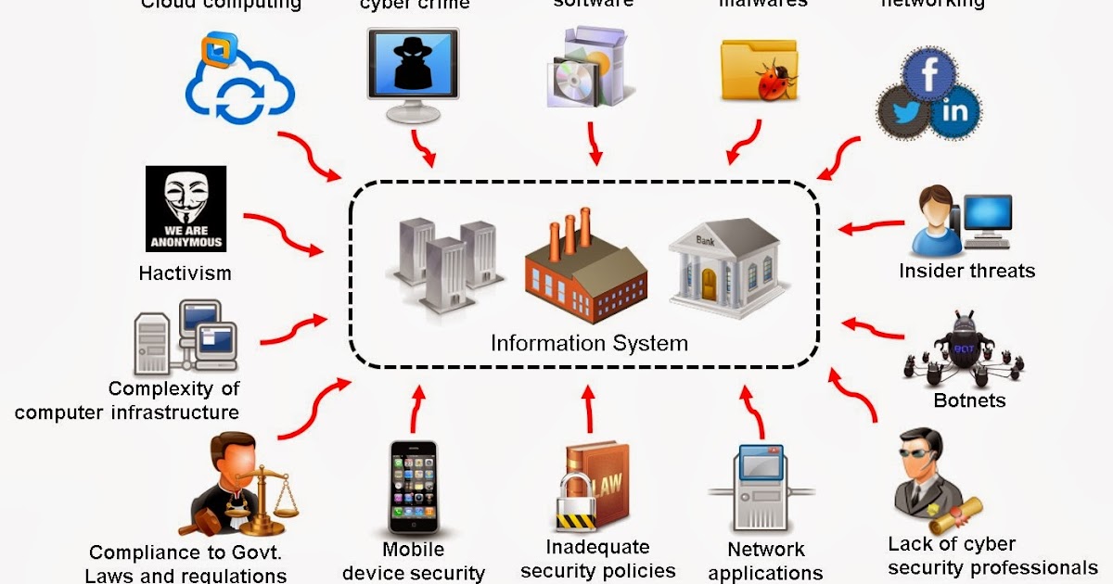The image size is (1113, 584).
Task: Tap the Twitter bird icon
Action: click(903, 111)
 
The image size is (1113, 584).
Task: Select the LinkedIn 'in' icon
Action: click(954, 112)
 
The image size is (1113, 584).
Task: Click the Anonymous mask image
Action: click(185, 209)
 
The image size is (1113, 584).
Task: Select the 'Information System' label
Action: click(589, 344)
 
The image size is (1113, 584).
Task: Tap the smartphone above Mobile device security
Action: click(413, 487)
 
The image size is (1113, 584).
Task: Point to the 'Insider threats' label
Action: click(966, 271)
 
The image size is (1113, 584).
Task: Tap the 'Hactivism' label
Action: click(185, 273)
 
